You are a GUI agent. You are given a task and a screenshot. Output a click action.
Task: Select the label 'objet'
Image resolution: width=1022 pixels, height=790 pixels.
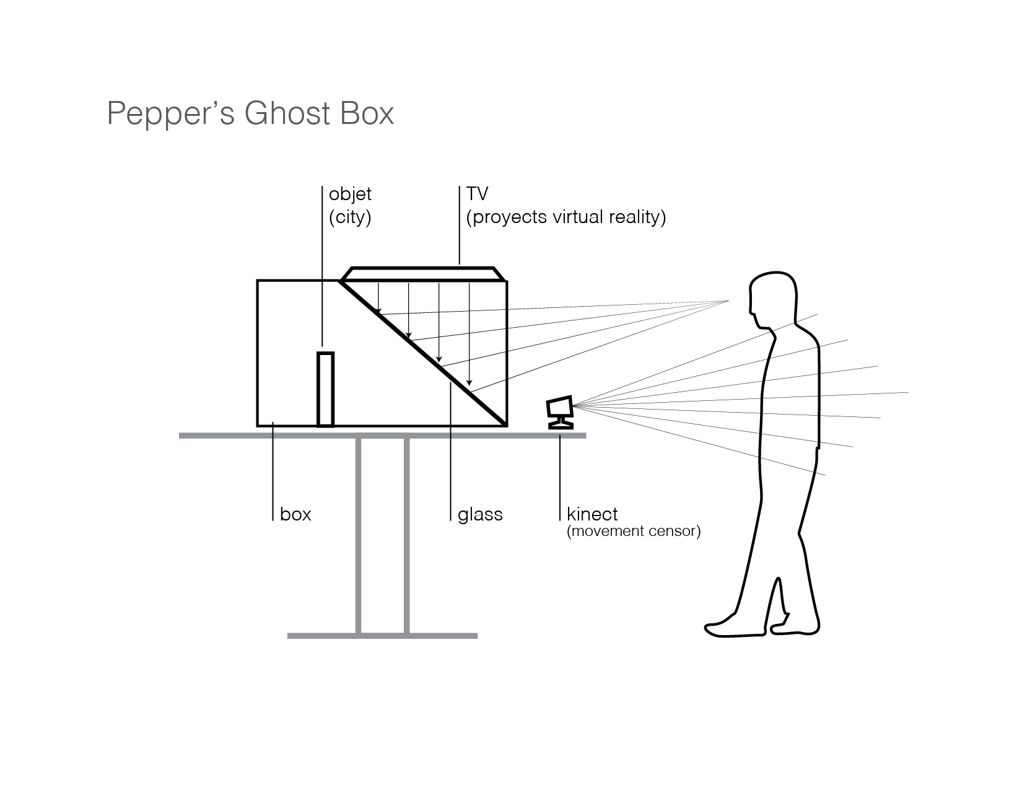[x=350, y=194]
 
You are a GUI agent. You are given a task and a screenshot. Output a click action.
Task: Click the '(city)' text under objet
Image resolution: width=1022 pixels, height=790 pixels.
[x=350, y=217]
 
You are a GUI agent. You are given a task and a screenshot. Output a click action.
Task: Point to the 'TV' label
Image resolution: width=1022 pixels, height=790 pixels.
[x=477, y=194]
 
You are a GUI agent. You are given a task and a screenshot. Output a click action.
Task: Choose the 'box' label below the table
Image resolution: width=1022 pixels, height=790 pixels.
[x=295, y=514]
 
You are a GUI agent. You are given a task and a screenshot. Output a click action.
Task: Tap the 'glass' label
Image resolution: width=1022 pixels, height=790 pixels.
[x=480, y=514]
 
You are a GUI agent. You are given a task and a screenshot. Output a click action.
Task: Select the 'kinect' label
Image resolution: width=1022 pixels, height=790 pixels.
[x=592, y=514]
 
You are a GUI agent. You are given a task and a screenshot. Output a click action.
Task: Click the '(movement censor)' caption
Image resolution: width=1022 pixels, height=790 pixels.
[x=633, y=532]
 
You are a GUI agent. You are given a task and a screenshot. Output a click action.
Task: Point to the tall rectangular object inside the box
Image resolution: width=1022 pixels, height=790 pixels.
[x=325, y=389]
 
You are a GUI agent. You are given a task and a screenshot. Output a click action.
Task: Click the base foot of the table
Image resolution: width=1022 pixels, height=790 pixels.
[x=382, y=636]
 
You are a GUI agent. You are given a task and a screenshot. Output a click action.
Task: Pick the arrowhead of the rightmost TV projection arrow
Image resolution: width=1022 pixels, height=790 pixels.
[x=470, y=382]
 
